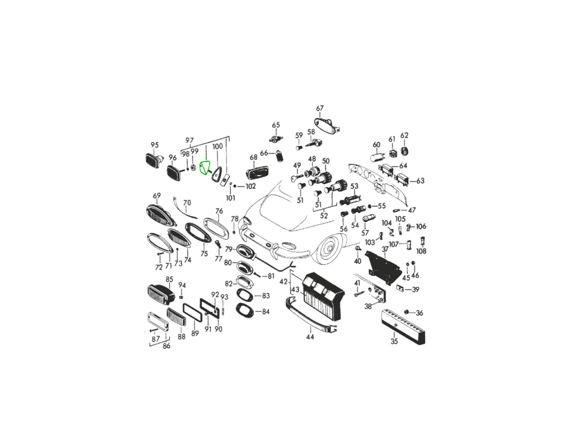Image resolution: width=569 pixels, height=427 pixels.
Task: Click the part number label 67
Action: (320, 108)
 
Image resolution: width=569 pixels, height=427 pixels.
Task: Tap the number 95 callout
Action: (155, 145)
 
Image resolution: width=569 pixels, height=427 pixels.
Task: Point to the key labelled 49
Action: (297, 177)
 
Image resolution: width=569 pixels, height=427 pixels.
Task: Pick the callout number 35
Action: (394, 342)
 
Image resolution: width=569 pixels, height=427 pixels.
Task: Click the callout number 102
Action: (250, 186)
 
